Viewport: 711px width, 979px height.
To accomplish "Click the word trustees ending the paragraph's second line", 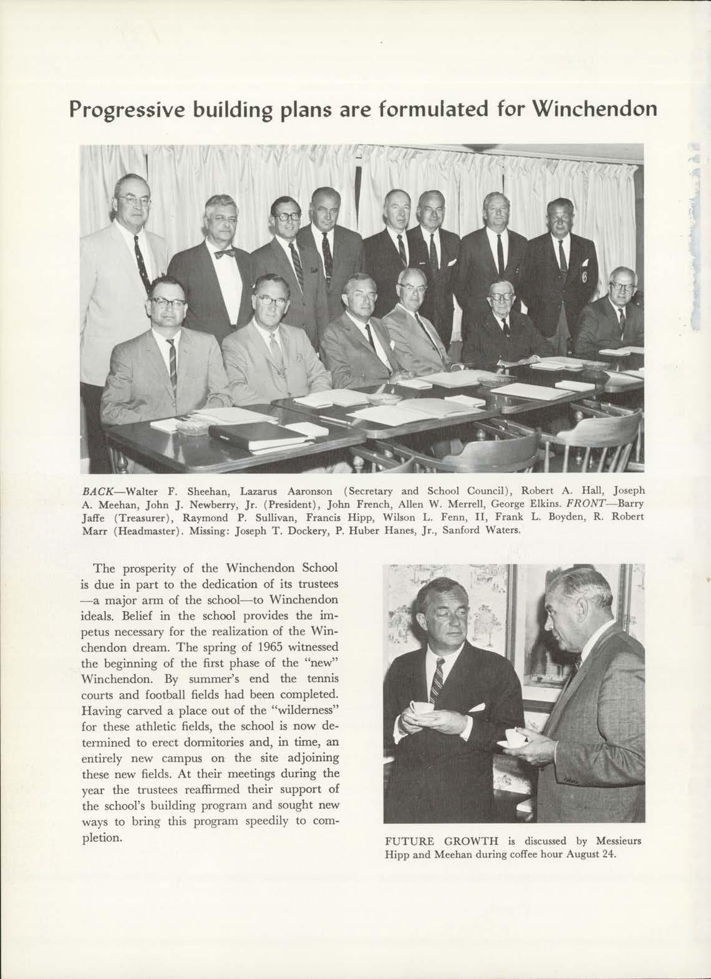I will pyautogui.click(x=315, y=585).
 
